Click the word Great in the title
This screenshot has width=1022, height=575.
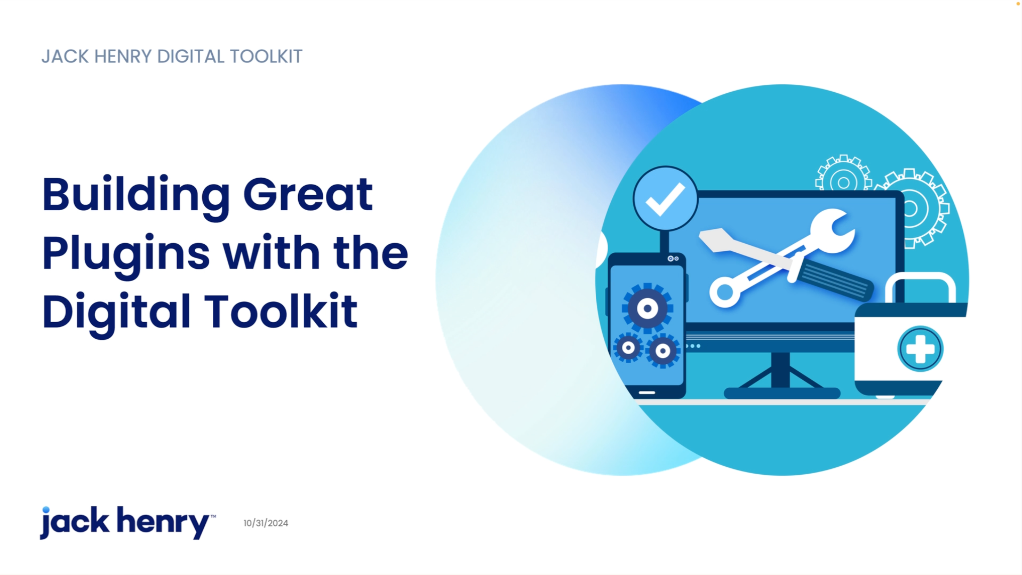(x=308, y=194)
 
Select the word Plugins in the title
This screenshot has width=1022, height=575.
(x=126, y=256)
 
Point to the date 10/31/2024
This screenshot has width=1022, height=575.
(x=266, y=523)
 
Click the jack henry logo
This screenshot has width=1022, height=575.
(x=128, y=522)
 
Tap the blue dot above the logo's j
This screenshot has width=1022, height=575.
(x=46, y=510)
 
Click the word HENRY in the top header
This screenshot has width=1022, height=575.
(x=123, y=56)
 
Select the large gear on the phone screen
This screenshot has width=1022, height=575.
(x=648, y=308)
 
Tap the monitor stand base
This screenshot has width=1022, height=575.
(x=782, y=393)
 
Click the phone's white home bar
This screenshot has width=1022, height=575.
(x=647, y=392)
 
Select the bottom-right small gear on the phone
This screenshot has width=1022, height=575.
(x=662, y=351)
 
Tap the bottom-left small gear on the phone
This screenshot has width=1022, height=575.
(x=628, y=348)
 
